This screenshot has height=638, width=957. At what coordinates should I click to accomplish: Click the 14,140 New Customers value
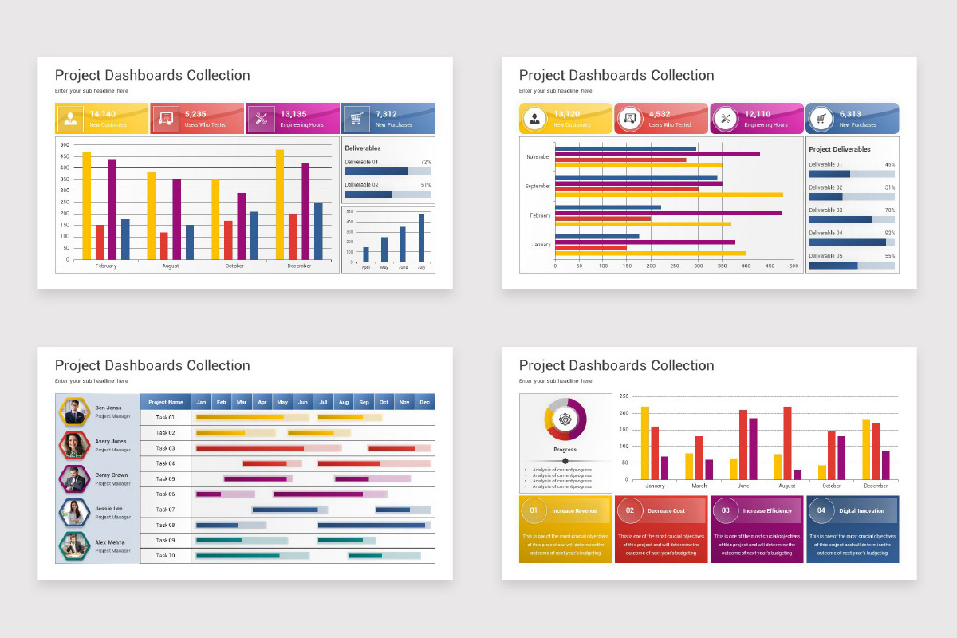pos(103,114)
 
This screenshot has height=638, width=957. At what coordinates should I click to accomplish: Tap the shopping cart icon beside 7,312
pos(356,119)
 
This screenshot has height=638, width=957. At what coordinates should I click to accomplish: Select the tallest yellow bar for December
pos(280,204)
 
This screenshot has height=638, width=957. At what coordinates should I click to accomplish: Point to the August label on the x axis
pos(170,266)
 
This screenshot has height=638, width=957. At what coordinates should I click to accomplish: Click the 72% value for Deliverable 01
pos(425,162)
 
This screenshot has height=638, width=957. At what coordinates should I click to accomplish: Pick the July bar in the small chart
pos(421,237)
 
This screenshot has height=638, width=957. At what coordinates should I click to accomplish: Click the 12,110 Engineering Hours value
pos(758,114)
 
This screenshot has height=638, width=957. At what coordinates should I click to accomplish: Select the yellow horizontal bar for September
pos(668,195)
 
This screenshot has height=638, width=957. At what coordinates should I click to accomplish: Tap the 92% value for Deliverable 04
pos(889,233)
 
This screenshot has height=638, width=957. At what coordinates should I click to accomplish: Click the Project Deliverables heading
pos(839,149)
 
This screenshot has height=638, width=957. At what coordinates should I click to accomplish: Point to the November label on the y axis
pos(538,157)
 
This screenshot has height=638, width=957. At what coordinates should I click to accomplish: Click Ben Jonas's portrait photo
pos(73,412)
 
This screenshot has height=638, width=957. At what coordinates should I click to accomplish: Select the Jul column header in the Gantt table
pos(323,402)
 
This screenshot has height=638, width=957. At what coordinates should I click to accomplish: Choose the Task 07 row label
pos(165,510)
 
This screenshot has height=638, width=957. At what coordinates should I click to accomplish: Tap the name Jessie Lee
pos(108,508)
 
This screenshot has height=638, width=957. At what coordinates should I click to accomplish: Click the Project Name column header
pos(166,402)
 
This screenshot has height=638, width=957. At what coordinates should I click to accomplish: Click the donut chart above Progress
pos(565,419)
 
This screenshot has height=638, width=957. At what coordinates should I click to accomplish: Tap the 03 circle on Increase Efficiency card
pos(725,510)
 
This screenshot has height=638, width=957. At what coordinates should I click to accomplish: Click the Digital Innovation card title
pos(861,510)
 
